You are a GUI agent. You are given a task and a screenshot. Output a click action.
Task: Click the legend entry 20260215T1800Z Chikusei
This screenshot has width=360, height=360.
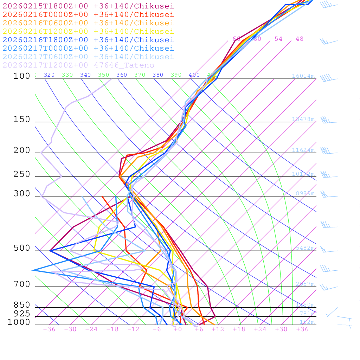88,6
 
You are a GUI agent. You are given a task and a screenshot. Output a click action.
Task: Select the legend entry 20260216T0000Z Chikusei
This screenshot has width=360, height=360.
88,15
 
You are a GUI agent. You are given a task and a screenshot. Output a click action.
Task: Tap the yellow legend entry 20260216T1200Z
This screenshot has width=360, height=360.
88,32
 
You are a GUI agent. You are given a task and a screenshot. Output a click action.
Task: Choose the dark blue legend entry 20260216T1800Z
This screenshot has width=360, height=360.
88,40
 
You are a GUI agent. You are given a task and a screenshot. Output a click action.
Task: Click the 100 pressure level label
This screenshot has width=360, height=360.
22,76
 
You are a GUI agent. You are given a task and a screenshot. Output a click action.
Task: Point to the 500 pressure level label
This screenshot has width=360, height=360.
22,248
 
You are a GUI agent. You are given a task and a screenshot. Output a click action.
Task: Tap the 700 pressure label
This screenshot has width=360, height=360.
22,284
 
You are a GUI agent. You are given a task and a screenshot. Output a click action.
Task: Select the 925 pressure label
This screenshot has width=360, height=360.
22,314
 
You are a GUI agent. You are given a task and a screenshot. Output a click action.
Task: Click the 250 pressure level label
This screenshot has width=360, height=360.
22,174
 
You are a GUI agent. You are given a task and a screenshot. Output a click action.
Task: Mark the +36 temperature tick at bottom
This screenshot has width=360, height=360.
302,329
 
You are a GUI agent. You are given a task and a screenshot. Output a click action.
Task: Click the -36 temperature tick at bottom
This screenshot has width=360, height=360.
49,329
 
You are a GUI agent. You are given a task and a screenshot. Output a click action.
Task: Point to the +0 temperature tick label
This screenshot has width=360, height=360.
178,329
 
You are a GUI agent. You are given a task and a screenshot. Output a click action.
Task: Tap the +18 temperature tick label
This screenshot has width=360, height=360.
239,329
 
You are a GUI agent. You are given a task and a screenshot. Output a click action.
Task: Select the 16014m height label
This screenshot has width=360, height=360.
303,76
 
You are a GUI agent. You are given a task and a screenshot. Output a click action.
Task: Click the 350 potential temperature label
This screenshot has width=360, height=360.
104,75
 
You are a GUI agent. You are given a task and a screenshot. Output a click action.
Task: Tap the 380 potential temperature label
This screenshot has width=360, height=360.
158,75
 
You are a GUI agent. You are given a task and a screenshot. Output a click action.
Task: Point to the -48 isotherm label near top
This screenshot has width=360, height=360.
297,39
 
